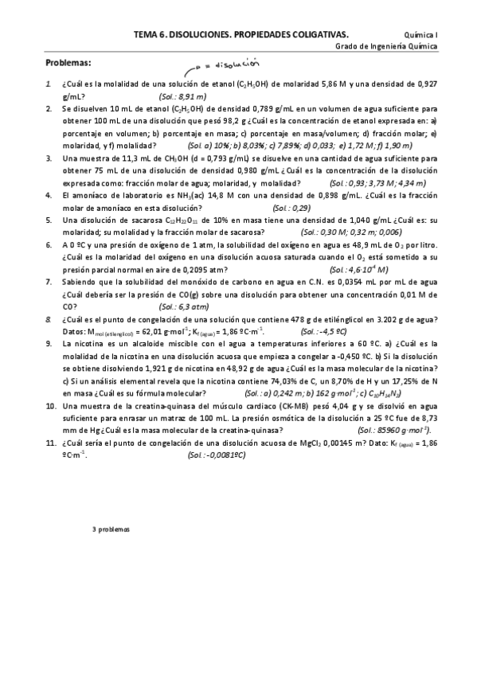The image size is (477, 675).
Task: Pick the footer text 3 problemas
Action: [x=111, y=528]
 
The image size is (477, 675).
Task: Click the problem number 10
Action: [x=50, y=405]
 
